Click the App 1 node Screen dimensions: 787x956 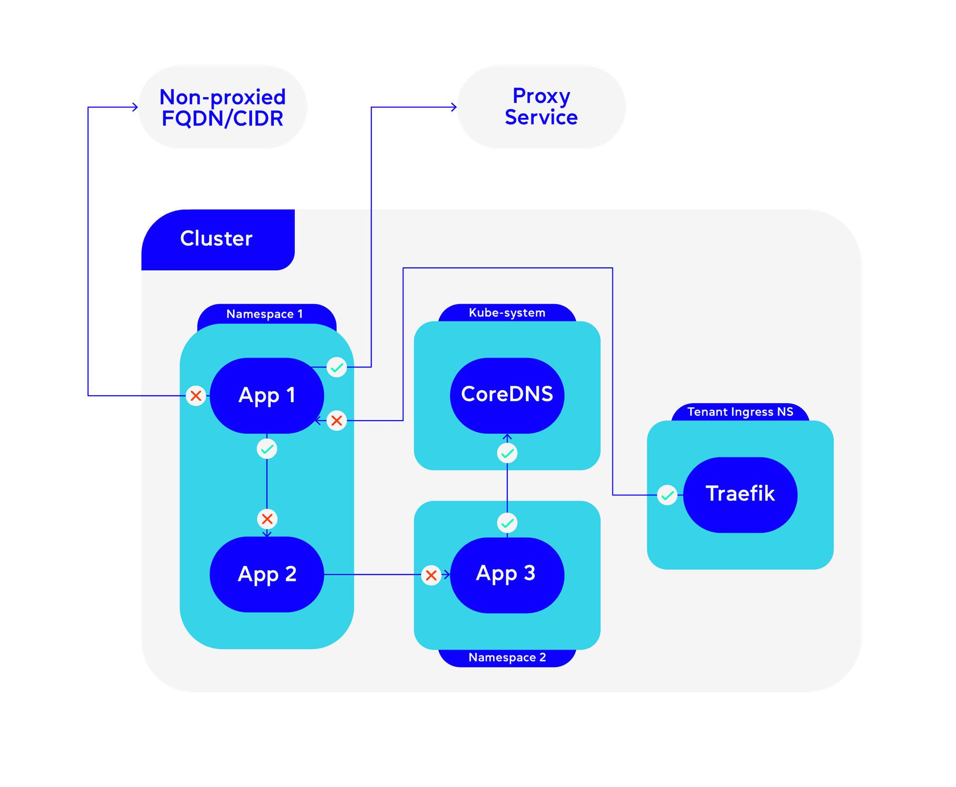tap(267, 395)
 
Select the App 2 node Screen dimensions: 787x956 tap(267, 574)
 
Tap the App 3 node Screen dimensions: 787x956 tap(506, 574)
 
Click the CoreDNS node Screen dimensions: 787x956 tap(507, 395)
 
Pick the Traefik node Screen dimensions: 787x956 tap(740, 494)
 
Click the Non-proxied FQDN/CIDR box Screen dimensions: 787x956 tap(223, 107)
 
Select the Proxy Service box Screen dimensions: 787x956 tap(541, 107)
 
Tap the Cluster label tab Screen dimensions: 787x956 tap(217, 239)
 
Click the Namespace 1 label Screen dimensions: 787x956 tap(265, 314)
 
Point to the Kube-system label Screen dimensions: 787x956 tap(507, 313)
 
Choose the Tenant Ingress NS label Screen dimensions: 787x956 tap(740, 412)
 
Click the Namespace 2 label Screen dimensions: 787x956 tap(507, 658)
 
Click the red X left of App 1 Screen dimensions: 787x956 tap(196, 396)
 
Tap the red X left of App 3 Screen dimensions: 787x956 tap(431, 575)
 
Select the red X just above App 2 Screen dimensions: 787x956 tap(267, 519)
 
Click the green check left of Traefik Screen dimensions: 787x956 tap(667, 495)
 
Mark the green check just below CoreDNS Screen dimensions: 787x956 tap(507, 453)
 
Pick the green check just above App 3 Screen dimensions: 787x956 tap(507, 523)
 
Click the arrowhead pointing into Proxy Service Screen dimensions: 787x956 tap(454, 107)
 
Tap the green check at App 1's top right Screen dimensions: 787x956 tap(337, 367)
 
